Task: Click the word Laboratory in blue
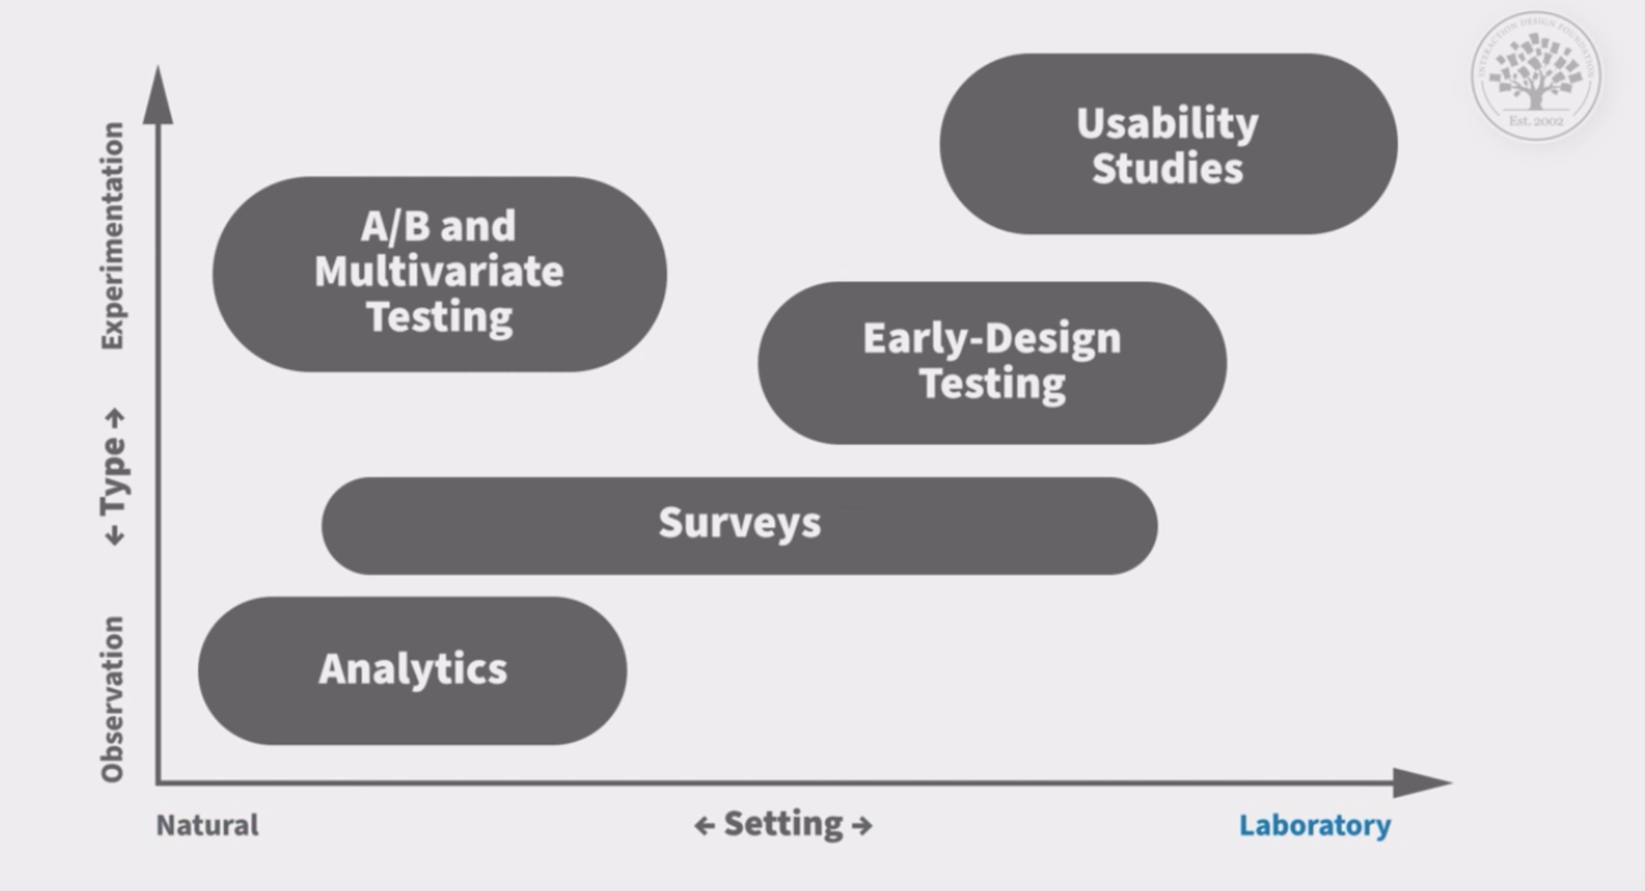(1314, 825)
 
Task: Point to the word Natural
(207, 825)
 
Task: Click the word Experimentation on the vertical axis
(112, 236)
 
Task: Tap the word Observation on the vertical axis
(112, 698)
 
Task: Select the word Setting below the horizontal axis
(783, 823)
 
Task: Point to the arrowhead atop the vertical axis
(158, 98)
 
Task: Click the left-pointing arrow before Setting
(704, 825)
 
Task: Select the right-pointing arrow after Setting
(861, 825)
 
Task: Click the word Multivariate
(439, 271)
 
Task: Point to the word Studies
(1167, 168)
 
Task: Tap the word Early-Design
(991, 338)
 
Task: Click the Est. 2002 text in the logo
(1536, 121)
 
